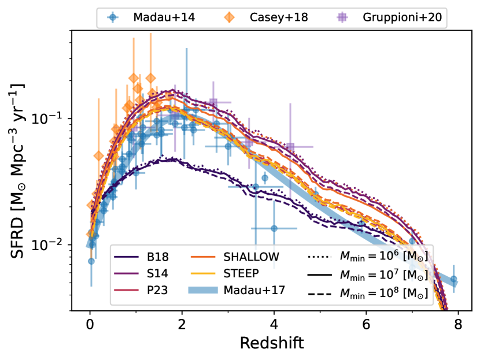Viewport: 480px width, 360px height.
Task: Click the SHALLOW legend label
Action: click(255, 257)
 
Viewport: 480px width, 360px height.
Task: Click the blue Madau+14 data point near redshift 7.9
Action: click(454, 280)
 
